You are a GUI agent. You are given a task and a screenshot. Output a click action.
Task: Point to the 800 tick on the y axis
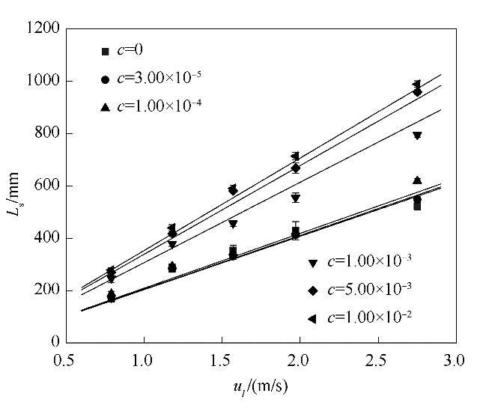pyautogui.click(x=49, y=133)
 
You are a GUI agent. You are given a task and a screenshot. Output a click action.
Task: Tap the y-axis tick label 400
pyautogui.click(x=49, y=238)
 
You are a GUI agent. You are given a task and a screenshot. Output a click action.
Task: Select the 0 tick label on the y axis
pyautogui.click(x=56, y=342)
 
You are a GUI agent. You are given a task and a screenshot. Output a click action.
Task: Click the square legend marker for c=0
pyautogui.click(x=106, y=51)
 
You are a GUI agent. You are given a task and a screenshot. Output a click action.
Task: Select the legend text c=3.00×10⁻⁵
pyautogui.click(x=162, y=78)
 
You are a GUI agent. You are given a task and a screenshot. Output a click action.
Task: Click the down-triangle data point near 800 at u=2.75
pyautogui.click(x=416, y=136)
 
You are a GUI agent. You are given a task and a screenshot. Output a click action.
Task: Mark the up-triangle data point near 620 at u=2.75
pyautogui.click(x=417, y=180)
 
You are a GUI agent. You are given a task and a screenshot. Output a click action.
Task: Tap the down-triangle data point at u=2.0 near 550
pyautogui.click(x=296, y=198)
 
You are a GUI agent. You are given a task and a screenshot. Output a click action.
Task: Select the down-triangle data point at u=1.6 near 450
pyautogui.click(x=233, y=224)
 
